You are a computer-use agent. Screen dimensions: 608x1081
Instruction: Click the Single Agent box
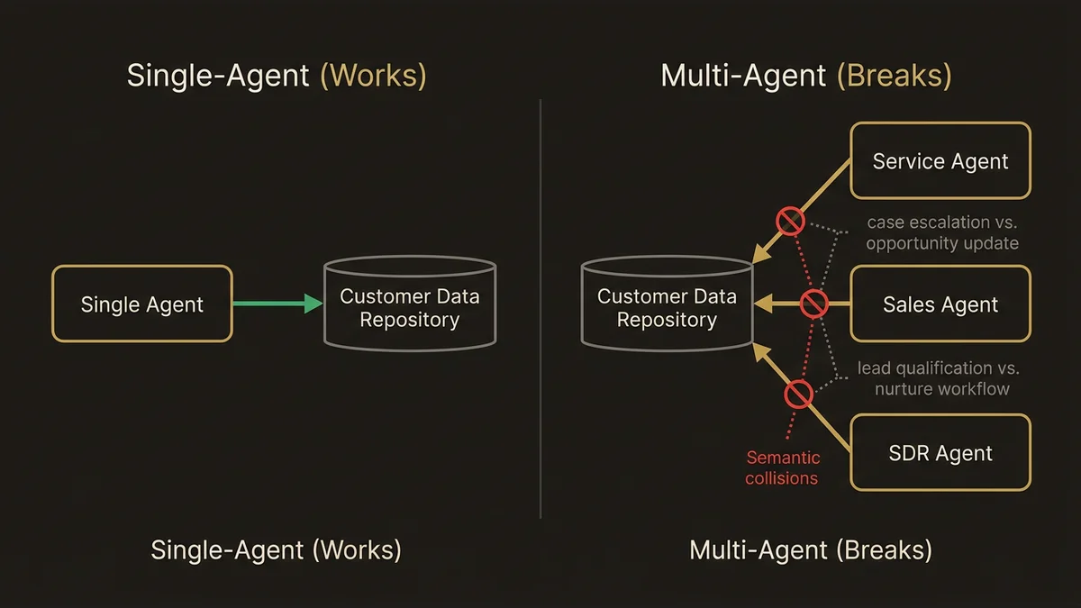[x=142, y=304]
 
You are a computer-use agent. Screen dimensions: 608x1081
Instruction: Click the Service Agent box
[x=940, y=161]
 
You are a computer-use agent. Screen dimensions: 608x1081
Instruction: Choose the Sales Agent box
[x=940, y=304]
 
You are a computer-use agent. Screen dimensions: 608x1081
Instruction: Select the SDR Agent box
[x=940, y=453]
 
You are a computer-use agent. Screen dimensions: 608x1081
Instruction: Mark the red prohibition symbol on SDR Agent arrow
[x=798, y=394]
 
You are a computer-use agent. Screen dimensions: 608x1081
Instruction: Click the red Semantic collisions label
[x=782, y=468]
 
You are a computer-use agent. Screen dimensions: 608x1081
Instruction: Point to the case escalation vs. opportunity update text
[x=942, y=232]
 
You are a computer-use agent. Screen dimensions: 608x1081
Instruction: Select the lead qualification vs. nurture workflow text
[x=938, y=378]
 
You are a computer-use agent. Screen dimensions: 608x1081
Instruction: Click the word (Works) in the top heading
[x=373, y=76]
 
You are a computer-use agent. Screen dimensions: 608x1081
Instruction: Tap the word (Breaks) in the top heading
[x=894, y=76]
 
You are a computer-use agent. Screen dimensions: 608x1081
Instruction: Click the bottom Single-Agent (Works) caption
[x=276, y=549]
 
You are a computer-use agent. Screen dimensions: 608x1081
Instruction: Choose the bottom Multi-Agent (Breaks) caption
[x=811, y=549]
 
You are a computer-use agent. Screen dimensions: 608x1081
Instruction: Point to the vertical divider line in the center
[x=540, y=306]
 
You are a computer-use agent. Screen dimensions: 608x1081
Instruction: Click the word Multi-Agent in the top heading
[x=743, y=76]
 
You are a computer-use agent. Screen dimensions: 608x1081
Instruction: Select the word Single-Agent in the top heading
[x=219, y=76]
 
